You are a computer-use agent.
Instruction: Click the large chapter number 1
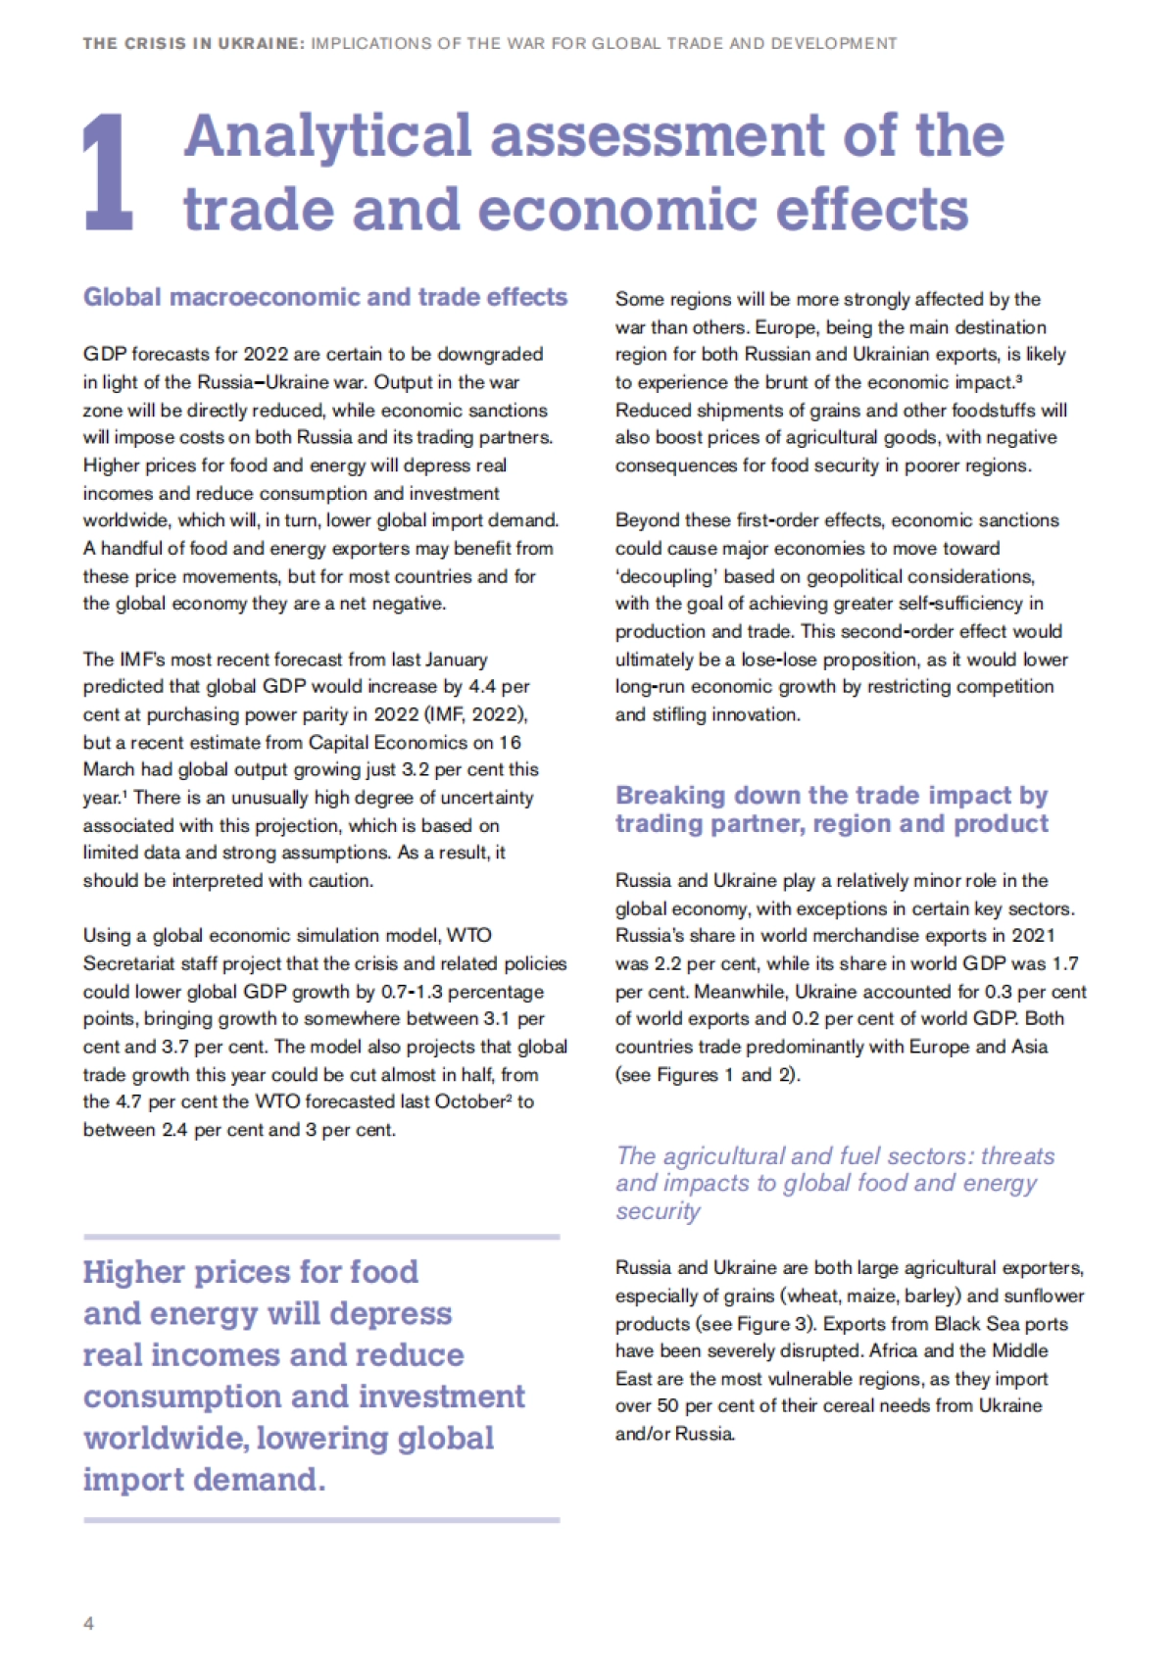(x=108, y=173)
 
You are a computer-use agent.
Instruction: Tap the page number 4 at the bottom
(x=89, y=1624)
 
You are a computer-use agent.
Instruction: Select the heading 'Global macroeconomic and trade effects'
(x=324, y=297)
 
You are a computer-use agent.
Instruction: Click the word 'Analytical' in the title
(x=328, y=135)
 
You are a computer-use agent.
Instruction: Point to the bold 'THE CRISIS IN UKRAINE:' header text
(x=194, y=43)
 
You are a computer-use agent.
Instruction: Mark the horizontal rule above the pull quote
(x=321, y=1237)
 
